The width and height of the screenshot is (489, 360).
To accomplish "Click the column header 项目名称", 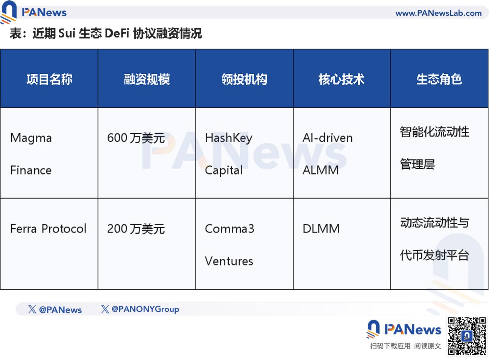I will click(x=49, y=79).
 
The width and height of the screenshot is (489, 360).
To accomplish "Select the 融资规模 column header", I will click(x=147, y=79).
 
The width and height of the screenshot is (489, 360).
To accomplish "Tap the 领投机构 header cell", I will click(x=244, y=79).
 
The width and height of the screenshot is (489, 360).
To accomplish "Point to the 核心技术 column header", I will click(x=342, y=79).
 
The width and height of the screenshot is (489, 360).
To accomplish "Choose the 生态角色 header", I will click(x=439, y=79).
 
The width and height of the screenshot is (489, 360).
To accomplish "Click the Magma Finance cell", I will click(x=31, y=154).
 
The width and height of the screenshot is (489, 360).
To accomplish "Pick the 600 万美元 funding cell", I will click(x=136, y=138).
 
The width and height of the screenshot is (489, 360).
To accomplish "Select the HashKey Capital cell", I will click(x=228, y=154).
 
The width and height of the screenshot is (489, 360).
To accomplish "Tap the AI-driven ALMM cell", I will click(x=327, y=154).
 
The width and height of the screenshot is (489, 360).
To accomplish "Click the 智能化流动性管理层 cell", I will click(x=434, y=148).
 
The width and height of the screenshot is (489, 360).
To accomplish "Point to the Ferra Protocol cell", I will click(x=48, y=229).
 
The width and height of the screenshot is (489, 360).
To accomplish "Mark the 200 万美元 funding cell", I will click(x=136, y=229).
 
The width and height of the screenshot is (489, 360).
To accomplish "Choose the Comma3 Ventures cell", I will click(x=229, y=245).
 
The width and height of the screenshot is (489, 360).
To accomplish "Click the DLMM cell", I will click(x=321, y=229).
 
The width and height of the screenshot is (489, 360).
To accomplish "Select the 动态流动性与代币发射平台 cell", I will click(x=434, y=239).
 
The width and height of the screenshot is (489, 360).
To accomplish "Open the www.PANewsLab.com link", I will click(x=439, y=13).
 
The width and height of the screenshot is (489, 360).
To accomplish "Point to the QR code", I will click(x=466, y=336).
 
